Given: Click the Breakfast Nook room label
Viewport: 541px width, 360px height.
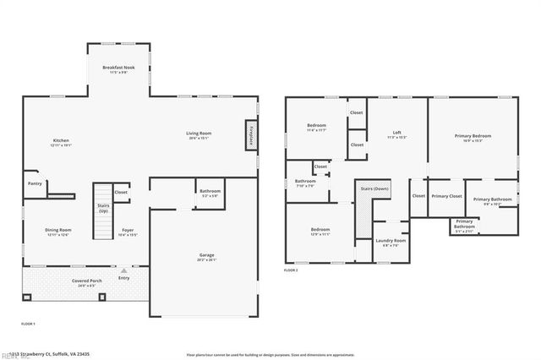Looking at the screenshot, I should pos(118,68).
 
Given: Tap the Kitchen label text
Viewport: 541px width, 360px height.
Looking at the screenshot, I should pos(61,140).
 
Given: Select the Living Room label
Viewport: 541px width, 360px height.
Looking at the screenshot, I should pos(199,133).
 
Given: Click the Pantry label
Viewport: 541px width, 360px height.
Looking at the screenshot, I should pos(35,183).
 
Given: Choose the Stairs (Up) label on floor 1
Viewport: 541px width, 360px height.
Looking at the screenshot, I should pos(103,208).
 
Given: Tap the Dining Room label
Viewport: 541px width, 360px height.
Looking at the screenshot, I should pos(58,230).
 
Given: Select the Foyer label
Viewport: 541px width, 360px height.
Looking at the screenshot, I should pos(128,230).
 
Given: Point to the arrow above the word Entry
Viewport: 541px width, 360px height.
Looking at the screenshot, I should pos(124,270).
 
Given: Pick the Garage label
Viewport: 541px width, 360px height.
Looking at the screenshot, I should pos(206,254).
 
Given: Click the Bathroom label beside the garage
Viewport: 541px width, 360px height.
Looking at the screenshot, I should pos(210,192).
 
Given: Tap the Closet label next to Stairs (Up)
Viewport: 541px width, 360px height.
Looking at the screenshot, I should pos(122,192).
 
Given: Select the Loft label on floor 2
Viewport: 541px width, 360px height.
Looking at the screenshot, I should pos(396,133).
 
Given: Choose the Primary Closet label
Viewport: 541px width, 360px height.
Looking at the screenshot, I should pos(446,196).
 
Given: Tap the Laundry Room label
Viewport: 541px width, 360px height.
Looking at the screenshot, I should pos(391,241).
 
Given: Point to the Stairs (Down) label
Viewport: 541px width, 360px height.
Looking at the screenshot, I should pos(375,188).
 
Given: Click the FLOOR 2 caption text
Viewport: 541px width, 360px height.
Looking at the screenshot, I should pos(292,270).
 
